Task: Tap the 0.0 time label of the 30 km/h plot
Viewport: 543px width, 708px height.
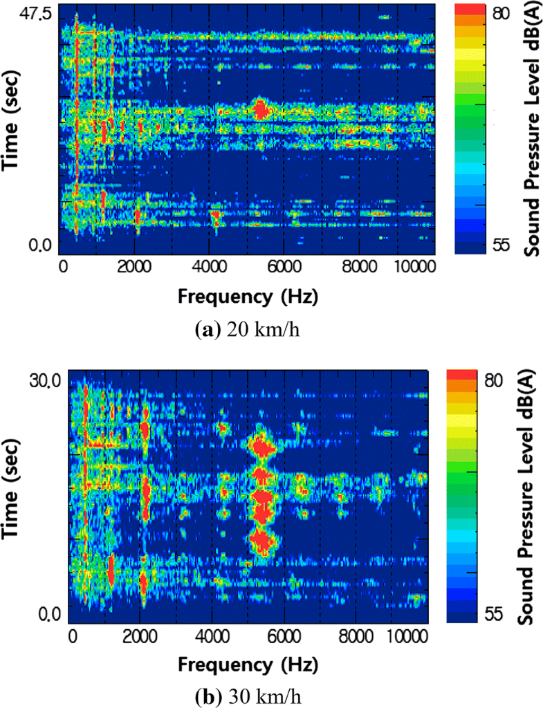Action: coord(46,613)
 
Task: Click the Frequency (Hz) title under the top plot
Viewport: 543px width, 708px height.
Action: coord(247,297)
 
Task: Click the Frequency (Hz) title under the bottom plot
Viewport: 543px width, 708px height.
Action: coord(249,665)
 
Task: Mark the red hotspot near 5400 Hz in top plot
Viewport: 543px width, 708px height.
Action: coord(260,109)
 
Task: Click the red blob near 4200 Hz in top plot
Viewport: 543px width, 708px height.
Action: coord(216,218)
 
